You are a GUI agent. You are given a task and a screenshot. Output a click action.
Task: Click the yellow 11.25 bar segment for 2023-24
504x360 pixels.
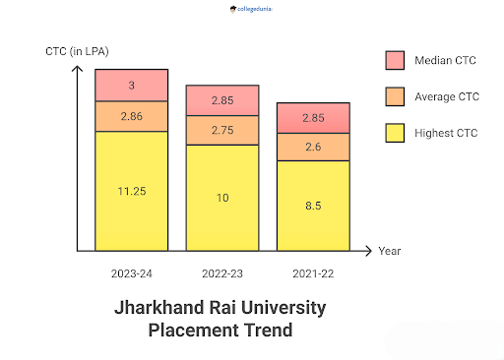[x=131, y=191]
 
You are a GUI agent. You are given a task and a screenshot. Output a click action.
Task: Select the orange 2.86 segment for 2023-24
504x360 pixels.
[x=131, y=116]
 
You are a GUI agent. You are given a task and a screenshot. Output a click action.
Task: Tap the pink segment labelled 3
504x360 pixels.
[x=131, y=86]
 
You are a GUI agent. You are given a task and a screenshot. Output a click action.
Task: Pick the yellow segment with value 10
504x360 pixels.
[x=222, y=198]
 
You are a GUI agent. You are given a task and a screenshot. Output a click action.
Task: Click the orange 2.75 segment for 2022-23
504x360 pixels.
[x=222, y=130]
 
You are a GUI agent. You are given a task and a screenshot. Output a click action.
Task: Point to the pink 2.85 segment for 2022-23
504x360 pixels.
[x=222, y=100]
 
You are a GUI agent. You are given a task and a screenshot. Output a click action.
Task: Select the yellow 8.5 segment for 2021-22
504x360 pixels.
[x=313, y=206]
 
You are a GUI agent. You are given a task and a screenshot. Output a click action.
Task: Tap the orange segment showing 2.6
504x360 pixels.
[x=313, y=147]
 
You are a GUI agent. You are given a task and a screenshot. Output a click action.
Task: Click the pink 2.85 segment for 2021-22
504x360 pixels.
[x=313, y=117]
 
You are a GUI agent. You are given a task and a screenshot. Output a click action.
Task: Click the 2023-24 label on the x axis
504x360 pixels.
[x=131, y=270]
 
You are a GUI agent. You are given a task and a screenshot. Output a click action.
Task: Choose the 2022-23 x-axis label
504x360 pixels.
[x=222, y=270]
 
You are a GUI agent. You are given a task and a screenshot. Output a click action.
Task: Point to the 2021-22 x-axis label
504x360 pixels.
[x=313, y=270]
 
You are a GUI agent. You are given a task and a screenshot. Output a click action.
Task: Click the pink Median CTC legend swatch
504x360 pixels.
[x=396, y=61]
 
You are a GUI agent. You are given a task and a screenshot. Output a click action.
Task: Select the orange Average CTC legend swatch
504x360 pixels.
[x=396, y=96]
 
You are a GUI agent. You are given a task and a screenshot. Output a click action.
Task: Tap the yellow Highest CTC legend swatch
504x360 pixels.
[x=396, y=132]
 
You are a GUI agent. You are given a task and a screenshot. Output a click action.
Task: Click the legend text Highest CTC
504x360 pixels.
[x=446, y=133]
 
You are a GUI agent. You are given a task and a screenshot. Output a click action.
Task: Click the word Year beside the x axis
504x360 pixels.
[x=390, y=251]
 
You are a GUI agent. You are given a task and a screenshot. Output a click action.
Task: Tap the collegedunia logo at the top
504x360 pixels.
[x=252, y=10]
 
